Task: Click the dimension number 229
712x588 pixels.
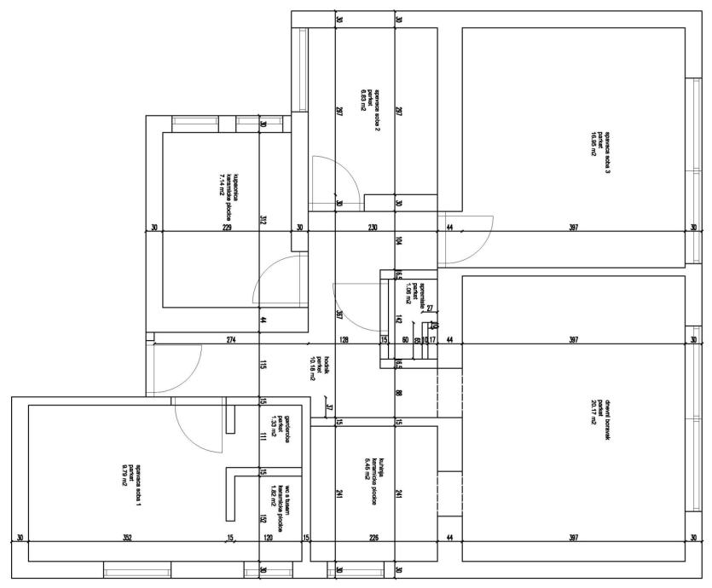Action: tap(227, 228)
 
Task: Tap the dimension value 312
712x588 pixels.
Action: tap(263, 221)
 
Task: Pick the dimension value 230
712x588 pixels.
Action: tap(373, 228)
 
